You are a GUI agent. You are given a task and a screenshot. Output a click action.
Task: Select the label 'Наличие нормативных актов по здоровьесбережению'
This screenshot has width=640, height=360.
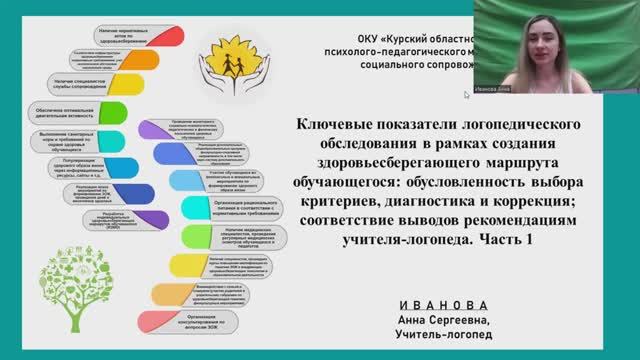click(x=125, y=38)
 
